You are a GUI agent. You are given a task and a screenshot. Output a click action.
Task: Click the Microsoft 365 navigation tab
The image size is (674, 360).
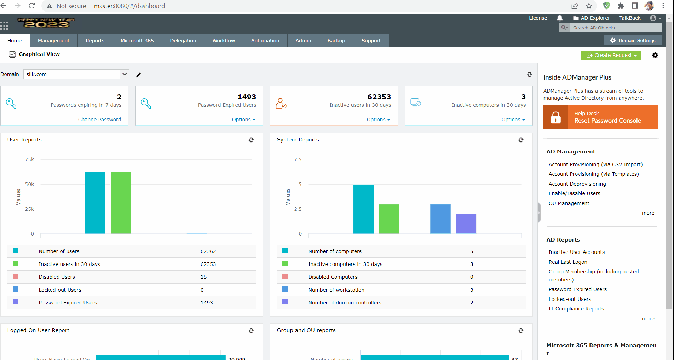137,41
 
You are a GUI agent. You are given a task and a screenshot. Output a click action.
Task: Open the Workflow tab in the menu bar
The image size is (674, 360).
223,41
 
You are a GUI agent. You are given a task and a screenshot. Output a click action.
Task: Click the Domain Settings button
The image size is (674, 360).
633,41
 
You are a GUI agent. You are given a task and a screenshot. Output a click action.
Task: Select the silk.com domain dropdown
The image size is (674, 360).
76,74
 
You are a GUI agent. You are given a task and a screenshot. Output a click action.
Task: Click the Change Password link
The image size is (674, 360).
99,120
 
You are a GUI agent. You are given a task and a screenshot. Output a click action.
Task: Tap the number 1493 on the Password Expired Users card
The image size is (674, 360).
247,97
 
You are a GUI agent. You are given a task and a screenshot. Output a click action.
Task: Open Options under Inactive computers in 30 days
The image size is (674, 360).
513,120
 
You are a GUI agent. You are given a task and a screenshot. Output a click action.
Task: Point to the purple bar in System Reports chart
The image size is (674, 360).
466,224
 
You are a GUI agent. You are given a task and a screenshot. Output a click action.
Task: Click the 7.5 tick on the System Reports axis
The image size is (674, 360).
298,159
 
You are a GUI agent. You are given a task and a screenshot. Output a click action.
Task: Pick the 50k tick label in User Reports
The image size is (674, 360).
30,184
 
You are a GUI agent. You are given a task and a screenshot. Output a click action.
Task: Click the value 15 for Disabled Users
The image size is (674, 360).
203,277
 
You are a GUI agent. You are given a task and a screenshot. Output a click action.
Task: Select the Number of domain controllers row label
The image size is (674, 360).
345,303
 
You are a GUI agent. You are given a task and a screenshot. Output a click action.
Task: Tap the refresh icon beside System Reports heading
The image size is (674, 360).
521,140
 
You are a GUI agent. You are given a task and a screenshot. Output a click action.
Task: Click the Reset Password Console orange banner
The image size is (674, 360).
601,117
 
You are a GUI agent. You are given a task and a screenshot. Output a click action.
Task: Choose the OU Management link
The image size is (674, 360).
569,203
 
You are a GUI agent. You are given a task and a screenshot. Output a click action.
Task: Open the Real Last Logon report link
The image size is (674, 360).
568,262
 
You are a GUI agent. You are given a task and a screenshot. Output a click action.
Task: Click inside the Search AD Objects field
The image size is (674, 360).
616,28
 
